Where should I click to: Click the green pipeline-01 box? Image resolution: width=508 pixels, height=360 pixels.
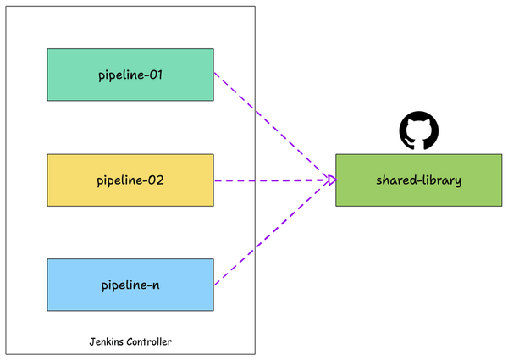point(130,75)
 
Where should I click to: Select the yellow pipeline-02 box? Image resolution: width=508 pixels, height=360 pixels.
point(130,180)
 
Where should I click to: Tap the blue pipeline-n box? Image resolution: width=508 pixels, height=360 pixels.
point(130,285)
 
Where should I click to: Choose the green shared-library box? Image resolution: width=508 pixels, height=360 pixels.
point(418,180)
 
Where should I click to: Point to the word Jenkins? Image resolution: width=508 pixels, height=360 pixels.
point(108,341)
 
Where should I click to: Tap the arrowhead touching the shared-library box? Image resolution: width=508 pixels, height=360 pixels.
point(331,180)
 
